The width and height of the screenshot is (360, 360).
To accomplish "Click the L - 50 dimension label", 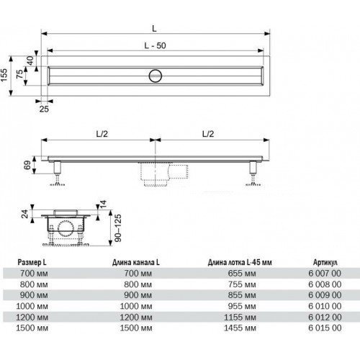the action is pos(155,45).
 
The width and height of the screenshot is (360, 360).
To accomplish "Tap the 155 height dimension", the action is pos(4,75).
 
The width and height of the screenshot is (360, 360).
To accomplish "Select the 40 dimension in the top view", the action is pos(30,60).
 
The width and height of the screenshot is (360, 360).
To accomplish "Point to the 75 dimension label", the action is pos(20,73).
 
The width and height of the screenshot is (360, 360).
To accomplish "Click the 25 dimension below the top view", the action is pos(44,109).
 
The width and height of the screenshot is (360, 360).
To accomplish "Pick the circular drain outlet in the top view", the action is pos(156,76).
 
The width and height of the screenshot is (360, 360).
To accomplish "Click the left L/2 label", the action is pos(102,134).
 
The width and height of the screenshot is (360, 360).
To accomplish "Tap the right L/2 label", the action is pos(208,134).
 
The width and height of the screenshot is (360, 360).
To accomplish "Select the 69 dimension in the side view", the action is pos(27,165).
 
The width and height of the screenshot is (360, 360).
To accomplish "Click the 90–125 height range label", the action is pos(118,228).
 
